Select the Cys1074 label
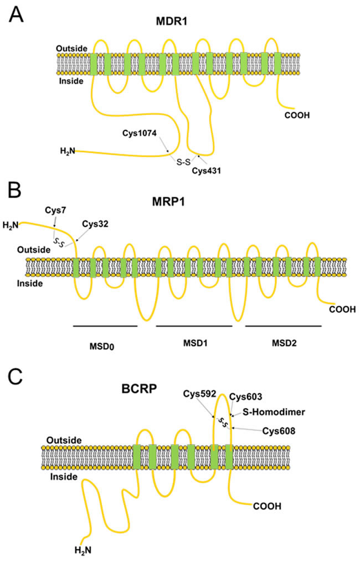pyautogui.click(x=141, y=133)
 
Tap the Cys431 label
pyautogui.click(x=206, y=171)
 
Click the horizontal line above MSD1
pyautogui.click(x=194, y=326)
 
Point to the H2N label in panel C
pyautogui.click(x=83, y=550)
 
